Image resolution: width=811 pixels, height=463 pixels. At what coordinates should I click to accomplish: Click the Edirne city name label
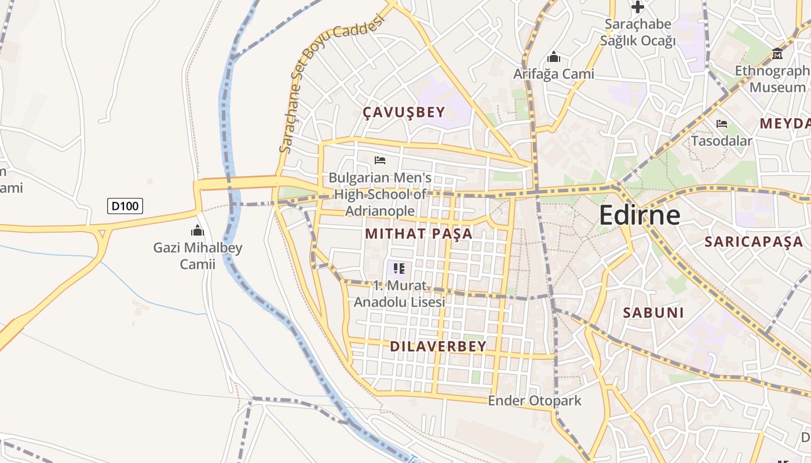640,215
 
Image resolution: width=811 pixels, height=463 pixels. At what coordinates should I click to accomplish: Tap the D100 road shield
125,205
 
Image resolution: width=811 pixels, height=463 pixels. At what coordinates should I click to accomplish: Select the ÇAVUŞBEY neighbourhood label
404,112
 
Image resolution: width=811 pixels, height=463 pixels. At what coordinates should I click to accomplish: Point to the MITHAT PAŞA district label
419,234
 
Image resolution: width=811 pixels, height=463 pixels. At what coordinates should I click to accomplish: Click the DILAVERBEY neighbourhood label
438,347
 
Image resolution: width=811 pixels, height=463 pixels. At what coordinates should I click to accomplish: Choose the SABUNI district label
653,313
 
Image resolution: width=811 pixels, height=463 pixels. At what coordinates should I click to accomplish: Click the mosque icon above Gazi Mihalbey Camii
198,231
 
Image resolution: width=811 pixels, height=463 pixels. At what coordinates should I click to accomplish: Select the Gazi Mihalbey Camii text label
198,256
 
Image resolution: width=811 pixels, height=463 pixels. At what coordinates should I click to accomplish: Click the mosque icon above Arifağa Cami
554,57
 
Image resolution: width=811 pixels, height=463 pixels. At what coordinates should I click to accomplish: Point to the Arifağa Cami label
554,74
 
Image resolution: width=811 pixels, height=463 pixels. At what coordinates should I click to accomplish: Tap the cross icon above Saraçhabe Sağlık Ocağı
638,7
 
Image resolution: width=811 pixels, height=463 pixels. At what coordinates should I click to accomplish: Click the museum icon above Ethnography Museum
777,54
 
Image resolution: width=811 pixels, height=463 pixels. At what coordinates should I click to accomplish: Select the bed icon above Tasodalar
722,124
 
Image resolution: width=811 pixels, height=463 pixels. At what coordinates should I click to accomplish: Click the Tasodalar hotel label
722,141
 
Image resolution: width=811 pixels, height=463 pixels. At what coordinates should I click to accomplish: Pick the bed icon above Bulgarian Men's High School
380,160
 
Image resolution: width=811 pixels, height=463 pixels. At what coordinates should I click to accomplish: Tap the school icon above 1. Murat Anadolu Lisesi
399,268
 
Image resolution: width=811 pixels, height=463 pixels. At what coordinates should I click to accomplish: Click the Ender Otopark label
535,400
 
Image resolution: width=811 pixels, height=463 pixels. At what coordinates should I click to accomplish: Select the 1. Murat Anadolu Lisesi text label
399,294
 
